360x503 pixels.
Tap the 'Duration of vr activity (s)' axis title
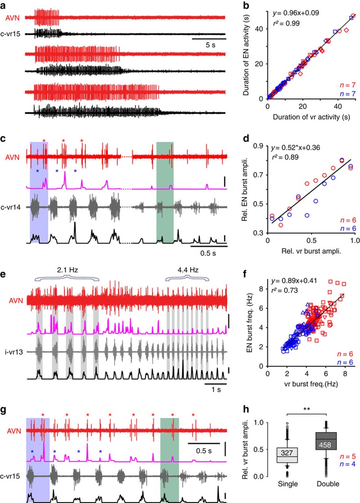point(309,117)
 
